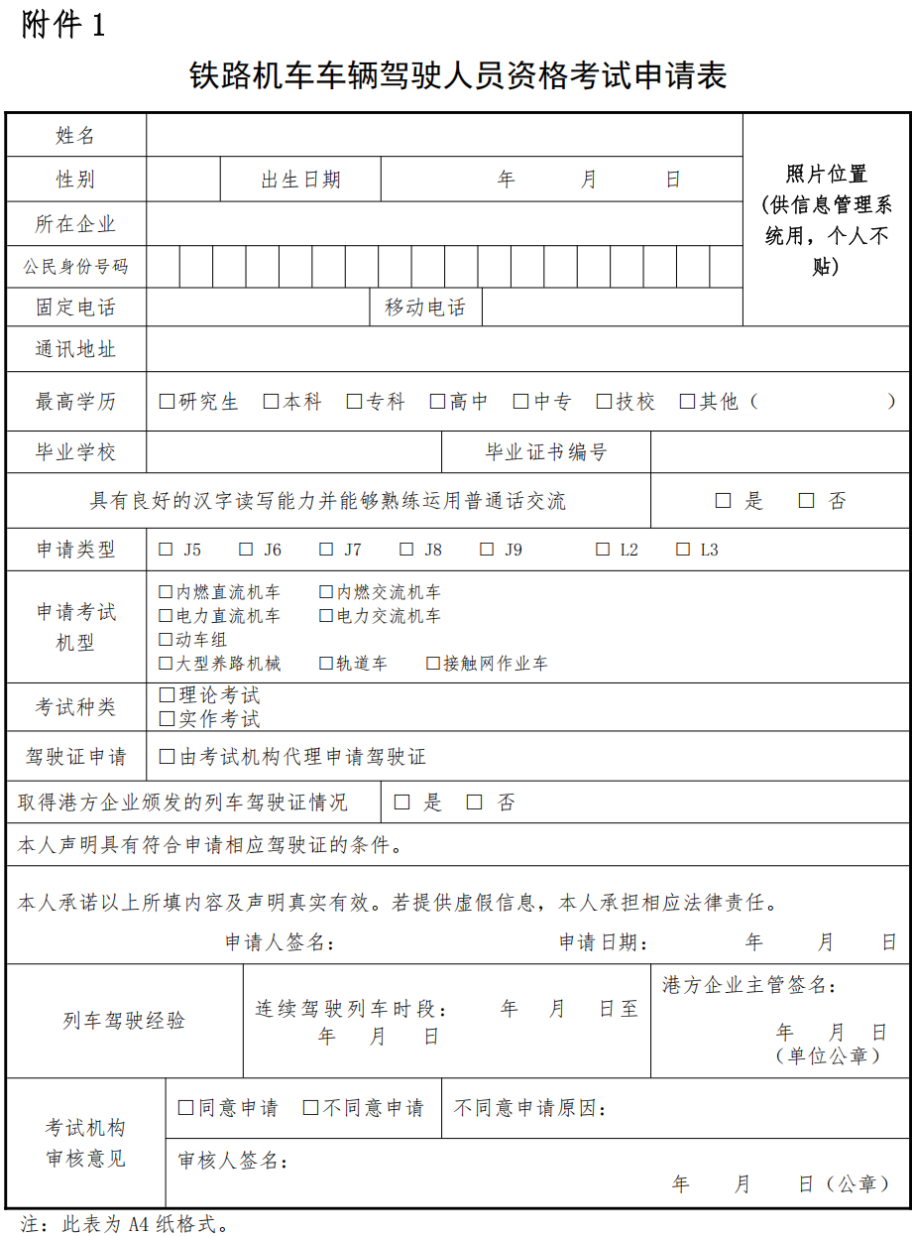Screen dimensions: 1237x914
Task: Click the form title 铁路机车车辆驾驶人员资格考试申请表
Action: [457, 76]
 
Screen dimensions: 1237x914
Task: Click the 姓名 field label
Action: [75, 136]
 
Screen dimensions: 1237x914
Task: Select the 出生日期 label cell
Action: [300, 180]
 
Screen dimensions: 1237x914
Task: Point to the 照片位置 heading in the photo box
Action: [826, 175]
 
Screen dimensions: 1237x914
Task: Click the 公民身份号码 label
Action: [75, 267]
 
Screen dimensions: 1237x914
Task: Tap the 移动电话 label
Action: [424, 308]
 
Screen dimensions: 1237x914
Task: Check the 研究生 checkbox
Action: [167, 402]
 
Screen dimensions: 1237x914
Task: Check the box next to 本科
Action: [271, 402]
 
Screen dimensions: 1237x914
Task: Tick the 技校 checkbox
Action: [604, 402]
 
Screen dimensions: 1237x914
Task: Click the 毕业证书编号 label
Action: [545, 452]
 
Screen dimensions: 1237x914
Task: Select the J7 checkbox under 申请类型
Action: [326, 550]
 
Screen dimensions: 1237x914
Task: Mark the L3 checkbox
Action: [683, 550]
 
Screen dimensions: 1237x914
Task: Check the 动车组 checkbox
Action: [166, 640]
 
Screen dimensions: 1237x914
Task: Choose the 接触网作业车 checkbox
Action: [433, 664]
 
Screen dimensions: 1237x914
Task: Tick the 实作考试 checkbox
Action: [167, 719]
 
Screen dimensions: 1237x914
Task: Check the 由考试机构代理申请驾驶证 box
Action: [167, 757]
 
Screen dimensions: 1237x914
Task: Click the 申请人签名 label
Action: [280, 942]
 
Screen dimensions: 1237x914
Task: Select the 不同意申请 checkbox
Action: [310, 1108]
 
